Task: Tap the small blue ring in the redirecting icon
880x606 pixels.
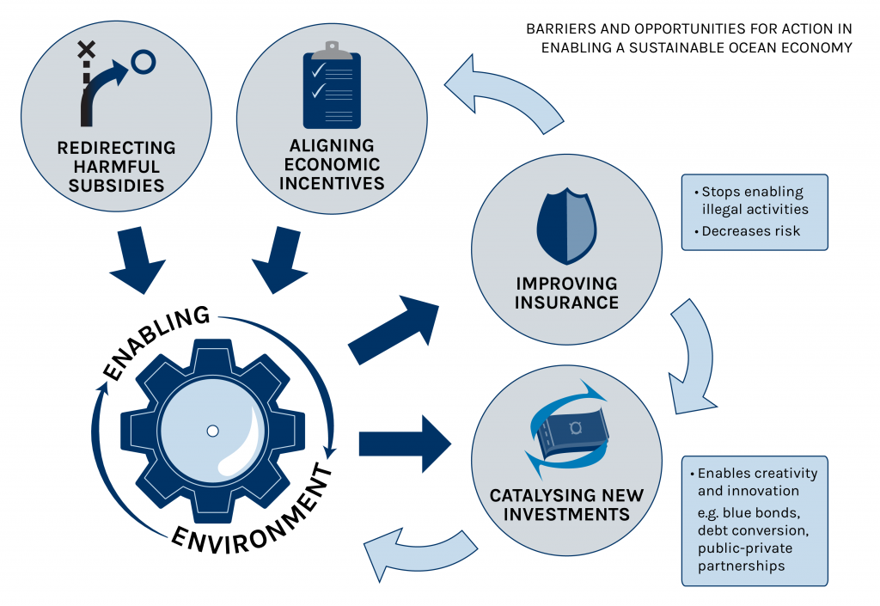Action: click(144, 61)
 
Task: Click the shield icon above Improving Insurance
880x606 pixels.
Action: click(566, 226)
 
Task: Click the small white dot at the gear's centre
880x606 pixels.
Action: click(213, 431)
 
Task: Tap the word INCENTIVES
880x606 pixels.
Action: click(332, 182)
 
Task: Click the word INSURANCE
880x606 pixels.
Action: click(567, 302)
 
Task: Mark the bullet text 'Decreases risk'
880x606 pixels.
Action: click(751, 231)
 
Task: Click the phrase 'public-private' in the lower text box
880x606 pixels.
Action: click(745, 547)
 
